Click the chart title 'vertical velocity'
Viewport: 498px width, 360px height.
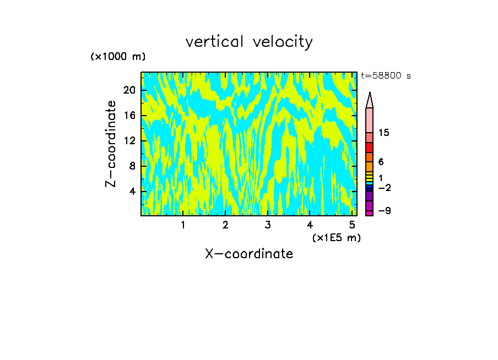point(249,42)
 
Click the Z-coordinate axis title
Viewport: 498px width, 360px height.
point(111,144)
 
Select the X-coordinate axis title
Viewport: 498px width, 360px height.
point(249,254)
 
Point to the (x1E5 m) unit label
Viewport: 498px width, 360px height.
point(336,238)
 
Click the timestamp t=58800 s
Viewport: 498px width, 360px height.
point(386,76)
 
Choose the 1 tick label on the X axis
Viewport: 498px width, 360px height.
point(183,225)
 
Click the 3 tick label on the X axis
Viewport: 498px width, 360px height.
point(268,225)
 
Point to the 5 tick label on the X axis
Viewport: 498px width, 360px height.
point(352,225)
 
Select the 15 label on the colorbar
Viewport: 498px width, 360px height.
point(385,133)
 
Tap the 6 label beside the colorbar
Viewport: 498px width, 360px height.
point(381,162)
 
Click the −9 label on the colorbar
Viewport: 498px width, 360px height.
point(384,211)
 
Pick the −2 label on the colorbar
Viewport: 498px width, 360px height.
point(384,188)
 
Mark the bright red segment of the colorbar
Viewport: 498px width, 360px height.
point(369,148)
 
